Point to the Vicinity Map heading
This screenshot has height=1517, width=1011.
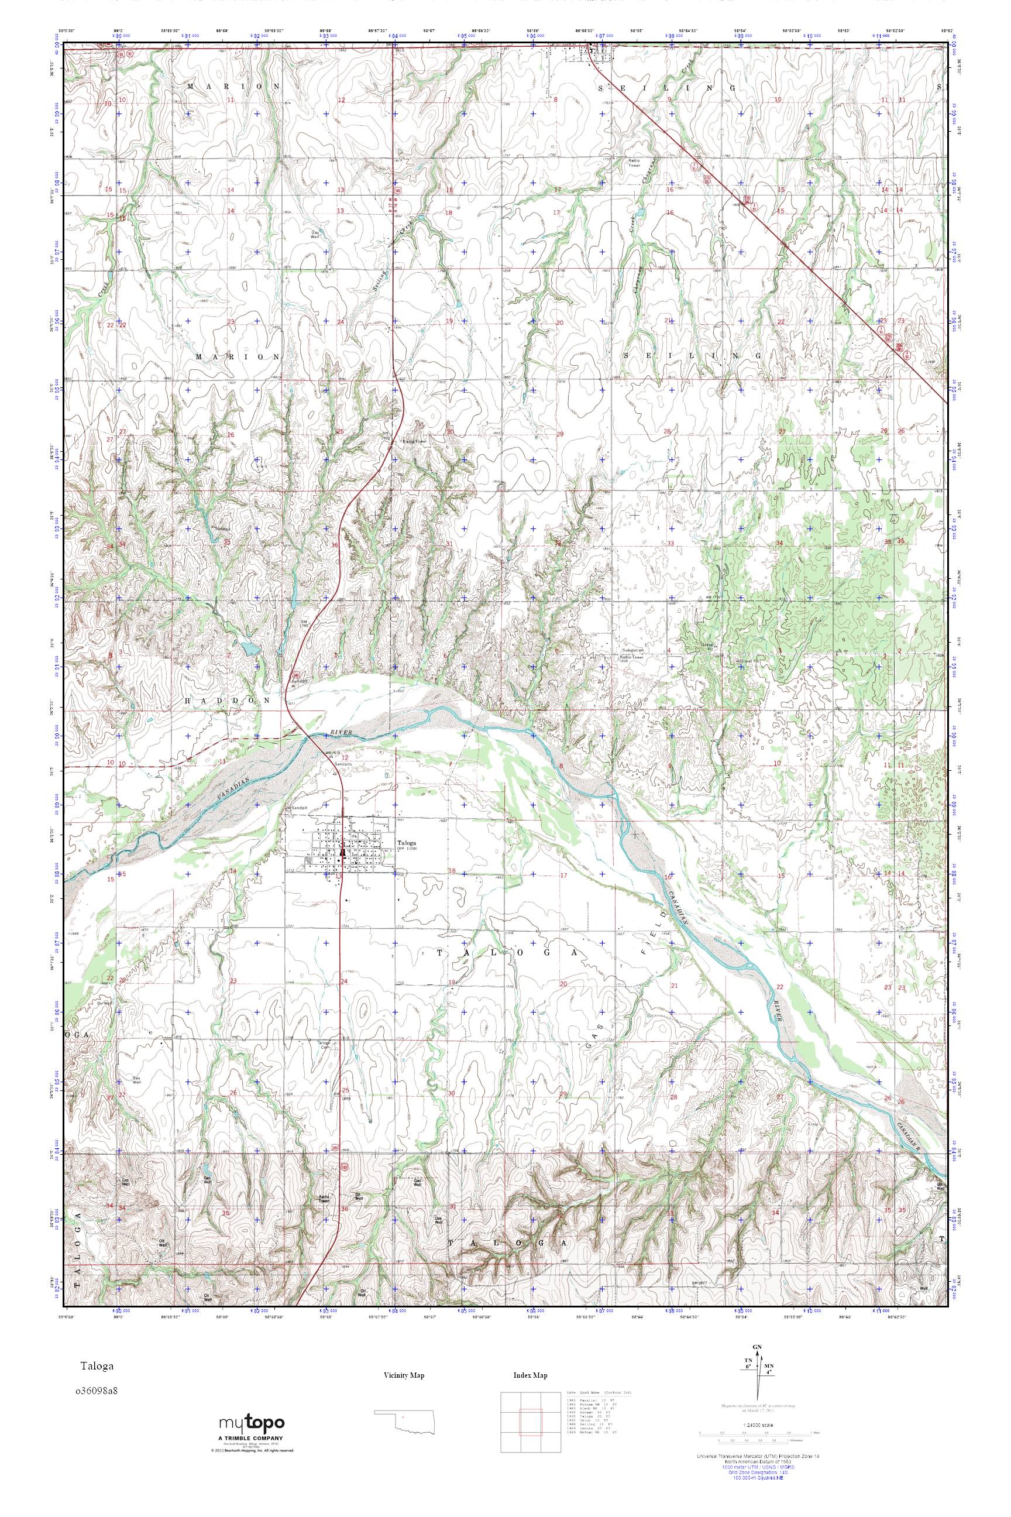[x=404, y=1375]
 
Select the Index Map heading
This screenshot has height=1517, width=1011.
[x=530, y=1375]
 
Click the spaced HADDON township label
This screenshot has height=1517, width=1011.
[x=233, y=700]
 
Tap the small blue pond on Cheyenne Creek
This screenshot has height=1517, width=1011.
[x=640, y=210]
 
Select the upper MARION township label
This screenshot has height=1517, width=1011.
[x=234, y=85]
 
